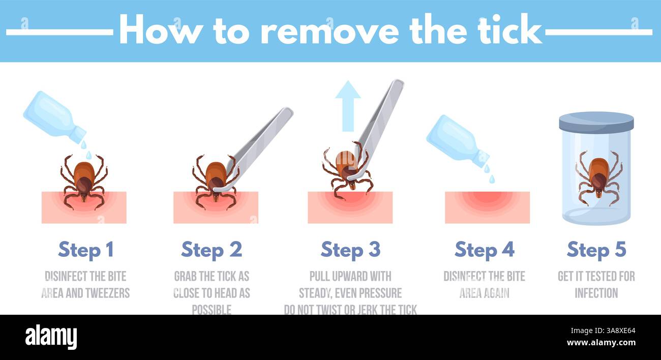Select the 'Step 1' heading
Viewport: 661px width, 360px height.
pyautogui.click(x=85, y=250)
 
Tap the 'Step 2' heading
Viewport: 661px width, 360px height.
pyautogui.click(x=212, y=250)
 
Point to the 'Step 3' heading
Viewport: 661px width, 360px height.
pyautogui.click(x=350, y=250)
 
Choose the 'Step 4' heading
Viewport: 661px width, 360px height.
pyautogui.click(x=484, y=250)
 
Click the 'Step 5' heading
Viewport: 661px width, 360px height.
pyautogui.click(x=596, y=250)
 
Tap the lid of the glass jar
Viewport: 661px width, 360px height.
pyautogui.click(x=596, y=122)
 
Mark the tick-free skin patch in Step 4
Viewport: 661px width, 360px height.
pyautogui.click(x=487, y=207)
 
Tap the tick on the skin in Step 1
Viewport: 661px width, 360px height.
pyautogui.click(x=83, y=179)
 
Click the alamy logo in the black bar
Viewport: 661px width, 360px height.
pyautogui.click(x=51, y=337)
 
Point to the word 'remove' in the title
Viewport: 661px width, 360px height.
pyautogui.click(x=329, y=31)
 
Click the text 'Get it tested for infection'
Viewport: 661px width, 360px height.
pyautogui.click(x=596, y=284)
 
